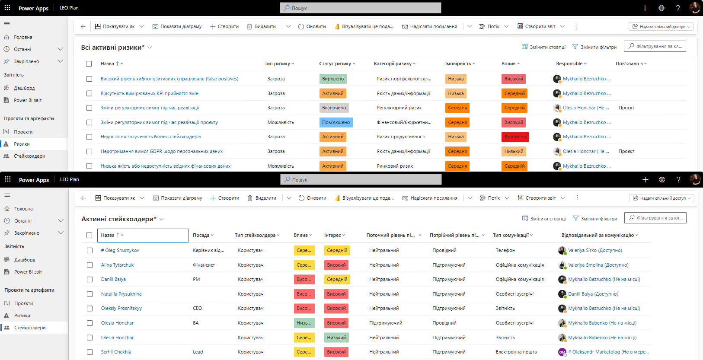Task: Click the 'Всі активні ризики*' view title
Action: pyautogui.click(x=113, y=48)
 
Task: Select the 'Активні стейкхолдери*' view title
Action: pyautogui.click(x=118, y=219)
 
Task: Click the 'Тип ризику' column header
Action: pyautogui.click(x=277, y=64)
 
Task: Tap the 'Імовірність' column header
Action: pyautogui.click(x=458, y=64)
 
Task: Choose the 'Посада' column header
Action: pyautogui.click(x=201, y=235)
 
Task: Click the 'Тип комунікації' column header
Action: pyautogui.click(x=511, y=235)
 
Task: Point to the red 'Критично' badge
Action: pyautogui.click(x=515, y=137)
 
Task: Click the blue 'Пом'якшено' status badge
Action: pyautogui.click(x=336, y=122)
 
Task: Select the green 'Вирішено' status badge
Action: pyautogui.click(x=332, y=79)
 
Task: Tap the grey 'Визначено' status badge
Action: pyautogui.click(x=334, y=108)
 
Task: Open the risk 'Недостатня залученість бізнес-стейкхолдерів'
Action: pyautogui.click(x=150, y=137)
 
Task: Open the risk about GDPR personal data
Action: pyautogui.click(x=162, y=151)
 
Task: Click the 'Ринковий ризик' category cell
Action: pyautogui.click(x=395, y=166)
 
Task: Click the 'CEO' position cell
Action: pyautogui.click(x=198, y=308)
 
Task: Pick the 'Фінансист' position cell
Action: pyautogui.click(x=204, y=265)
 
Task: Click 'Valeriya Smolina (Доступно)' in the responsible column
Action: pyautogui.click(x=598, y=265)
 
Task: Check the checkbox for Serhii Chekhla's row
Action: pyautogui.click(x=90, y=352)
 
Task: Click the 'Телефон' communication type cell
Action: pyautogui.click(x=505, y=250)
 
